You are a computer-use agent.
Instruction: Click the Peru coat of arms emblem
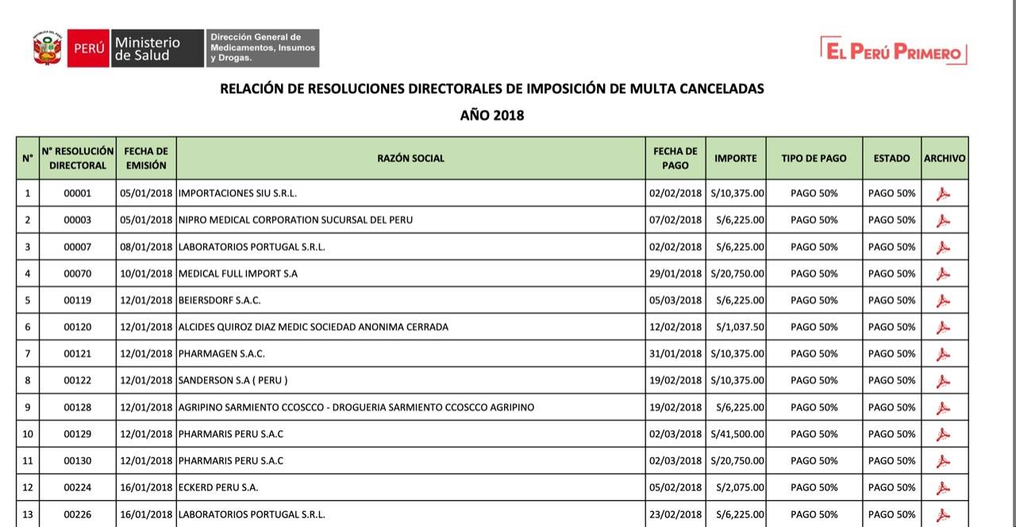point(48,48)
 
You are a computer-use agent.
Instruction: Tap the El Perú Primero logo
point(893,52)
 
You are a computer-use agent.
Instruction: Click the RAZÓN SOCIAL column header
point(410,158)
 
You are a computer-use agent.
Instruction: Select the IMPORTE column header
point(735,158)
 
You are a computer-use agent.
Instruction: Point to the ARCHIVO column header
point(945,158)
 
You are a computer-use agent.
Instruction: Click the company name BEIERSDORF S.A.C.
point(220,300)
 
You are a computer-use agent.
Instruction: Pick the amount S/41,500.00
point(737,434)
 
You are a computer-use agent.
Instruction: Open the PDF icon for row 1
point(943,194)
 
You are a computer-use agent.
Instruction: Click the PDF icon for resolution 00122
point(943,381)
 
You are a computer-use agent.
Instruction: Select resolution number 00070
point(78,274)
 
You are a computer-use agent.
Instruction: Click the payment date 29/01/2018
point(675,274)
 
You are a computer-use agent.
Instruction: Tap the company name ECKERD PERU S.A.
point(218,487)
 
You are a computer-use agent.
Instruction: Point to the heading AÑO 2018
point(492,116)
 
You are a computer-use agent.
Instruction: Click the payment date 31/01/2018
point(675,354)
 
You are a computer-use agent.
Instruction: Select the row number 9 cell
point(28,407)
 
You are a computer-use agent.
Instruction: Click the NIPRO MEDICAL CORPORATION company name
point(295,220)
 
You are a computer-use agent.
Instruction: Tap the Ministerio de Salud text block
point(148,48)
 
